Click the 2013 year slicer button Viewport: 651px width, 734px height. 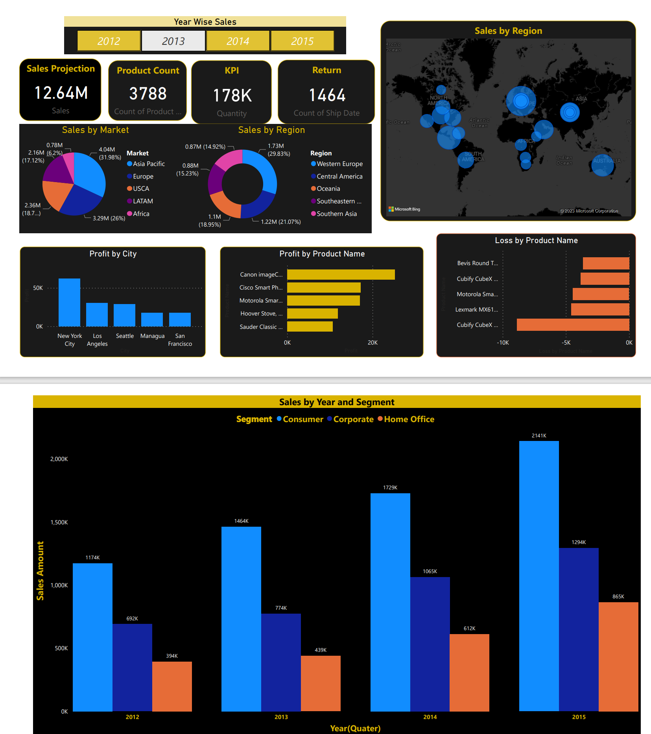(x=173, y=41)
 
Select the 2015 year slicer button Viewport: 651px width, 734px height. (x=302, y=41)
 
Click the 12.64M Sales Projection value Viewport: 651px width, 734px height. (x=61, y=93)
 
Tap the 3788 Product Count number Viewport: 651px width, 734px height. (x=148, y=94)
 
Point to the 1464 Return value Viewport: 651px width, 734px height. (x=327, y=95)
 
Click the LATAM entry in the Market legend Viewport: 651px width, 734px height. (x=142, y=201)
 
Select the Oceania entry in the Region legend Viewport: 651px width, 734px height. (x=328, y=189)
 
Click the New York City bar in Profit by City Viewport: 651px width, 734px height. (x=69, y=302)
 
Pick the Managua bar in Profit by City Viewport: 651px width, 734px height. (x=152, y=319)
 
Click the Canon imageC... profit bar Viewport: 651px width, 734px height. (x=341, y=275)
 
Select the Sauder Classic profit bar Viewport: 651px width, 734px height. (x=310, y=327)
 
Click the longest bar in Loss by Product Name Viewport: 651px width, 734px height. (x=572, y=325)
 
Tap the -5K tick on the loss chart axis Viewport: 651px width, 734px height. (x=566, y=343)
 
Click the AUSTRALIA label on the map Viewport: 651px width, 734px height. (x=607, y=161)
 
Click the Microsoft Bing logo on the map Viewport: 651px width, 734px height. (x=404, y=209)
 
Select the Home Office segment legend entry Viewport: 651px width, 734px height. (x=409, y=419)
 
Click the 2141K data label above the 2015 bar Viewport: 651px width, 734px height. (x=539, y=435)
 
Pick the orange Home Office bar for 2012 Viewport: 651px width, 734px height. (x=172, y=686)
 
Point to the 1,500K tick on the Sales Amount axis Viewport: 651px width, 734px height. (x=59, y=522)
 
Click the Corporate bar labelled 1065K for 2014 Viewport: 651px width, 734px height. (x=430, y=644)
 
